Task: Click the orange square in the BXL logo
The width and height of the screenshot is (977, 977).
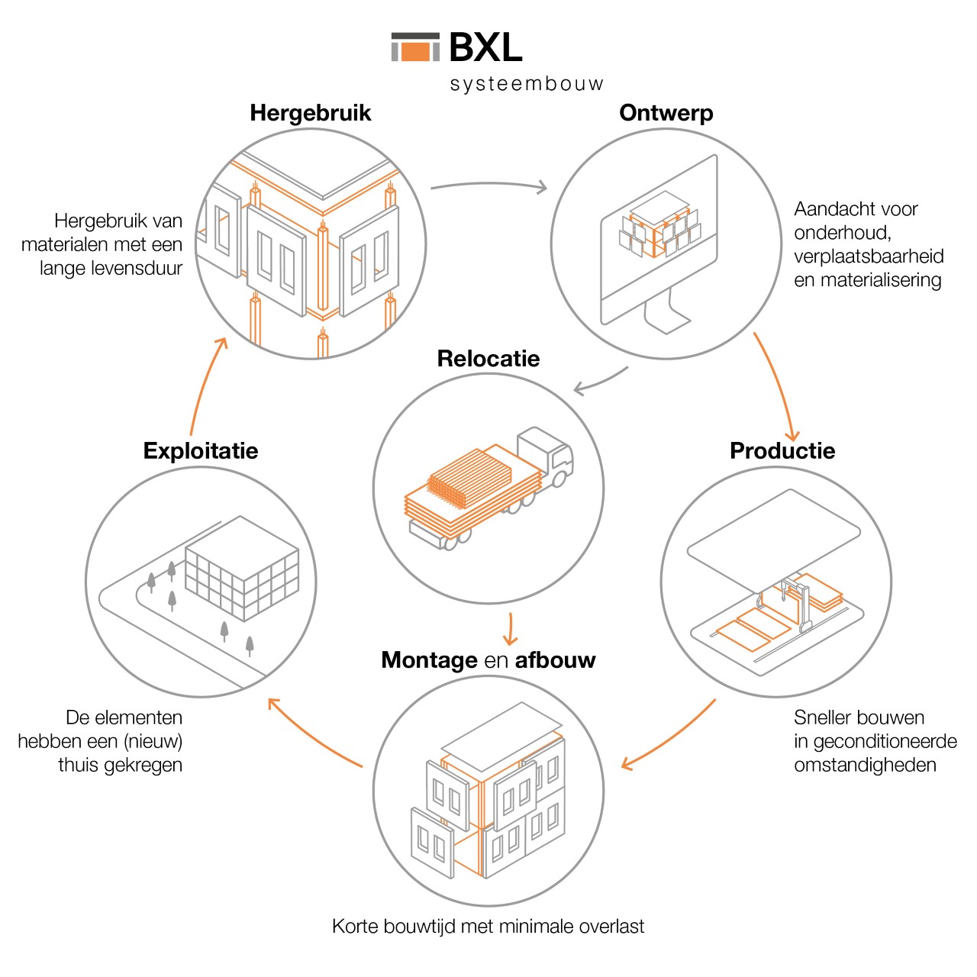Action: click(x=415, y=51)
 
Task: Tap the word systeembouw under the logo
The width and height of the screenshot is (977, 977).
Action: click(x=527, y=84)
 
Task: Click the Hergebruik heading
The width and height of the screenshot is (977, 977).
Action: click(x=310, y=113)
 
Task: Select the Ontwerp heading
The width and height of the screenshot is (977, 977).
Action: click(x=666, y=113)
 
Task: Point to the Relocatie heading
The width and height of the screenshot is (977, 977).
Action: click(x=488, y=359)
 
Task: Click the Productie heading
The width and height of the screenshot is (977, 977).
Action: click(x=782, y=450)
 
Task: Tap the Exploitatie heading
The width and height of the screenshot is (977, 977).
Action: click(x=201, y=450)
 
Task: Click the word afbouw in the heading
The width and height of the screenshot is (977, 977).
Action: click(x=555, y=660)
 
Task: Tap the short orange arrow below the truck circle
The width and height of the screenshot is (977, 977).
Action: click(x=510, y=630)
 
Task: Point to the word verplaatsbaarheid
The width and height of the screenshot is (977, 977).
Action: click(x=869, y=256)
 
